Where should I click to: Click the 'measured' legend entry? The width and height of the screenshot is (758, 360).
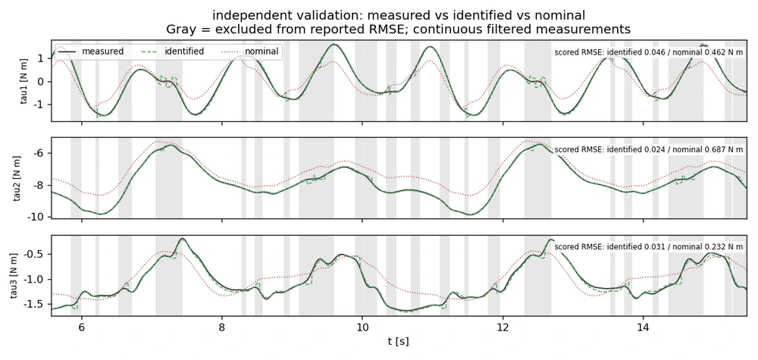(91, 52)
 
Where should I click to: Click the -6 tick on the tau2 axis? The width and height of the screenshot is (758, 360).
(42, 153)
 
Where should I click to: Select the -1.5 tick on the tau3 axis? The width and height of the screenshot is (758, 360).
(38, 305)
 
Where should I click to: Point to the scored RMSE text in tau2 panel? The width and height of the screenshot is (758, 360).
(649, 150)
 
